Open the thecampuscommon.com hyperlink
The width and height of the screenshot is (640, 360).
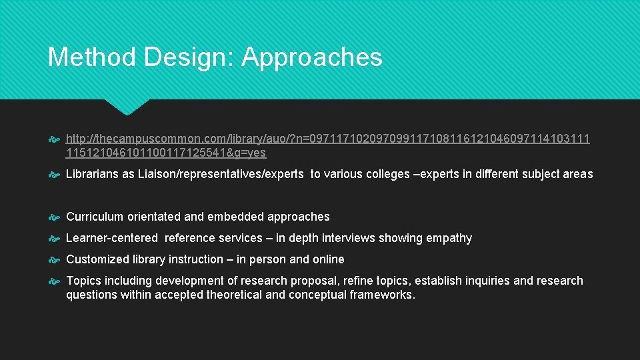tap(327, 139)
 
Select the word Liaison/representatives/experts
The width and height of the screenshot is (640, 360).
tap(225, 174)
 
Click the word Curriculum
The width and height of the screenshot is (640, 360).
tap(95, 217)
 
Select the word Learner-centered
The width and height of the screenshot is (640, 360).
tap(112, 238)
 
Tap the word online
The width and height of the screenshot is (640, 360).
tap(328, 259)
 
